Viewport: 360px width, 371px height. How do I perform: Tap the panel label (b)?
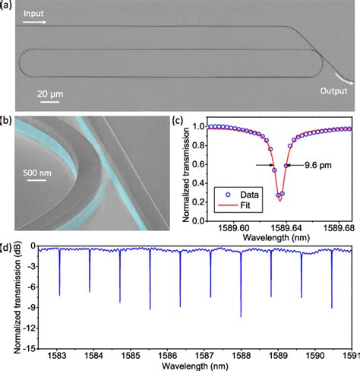click(7, 121)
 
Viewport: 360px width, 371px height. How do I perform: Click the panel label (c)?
click(177, 120)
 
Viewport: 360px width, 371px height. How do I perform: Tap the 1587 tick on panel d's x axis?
click(204, 355)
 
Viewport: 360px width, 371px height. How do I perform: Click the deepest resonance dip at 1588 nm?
click(241, 316)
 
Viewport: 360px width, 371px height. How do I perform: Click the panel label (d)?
click(7, 246)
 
